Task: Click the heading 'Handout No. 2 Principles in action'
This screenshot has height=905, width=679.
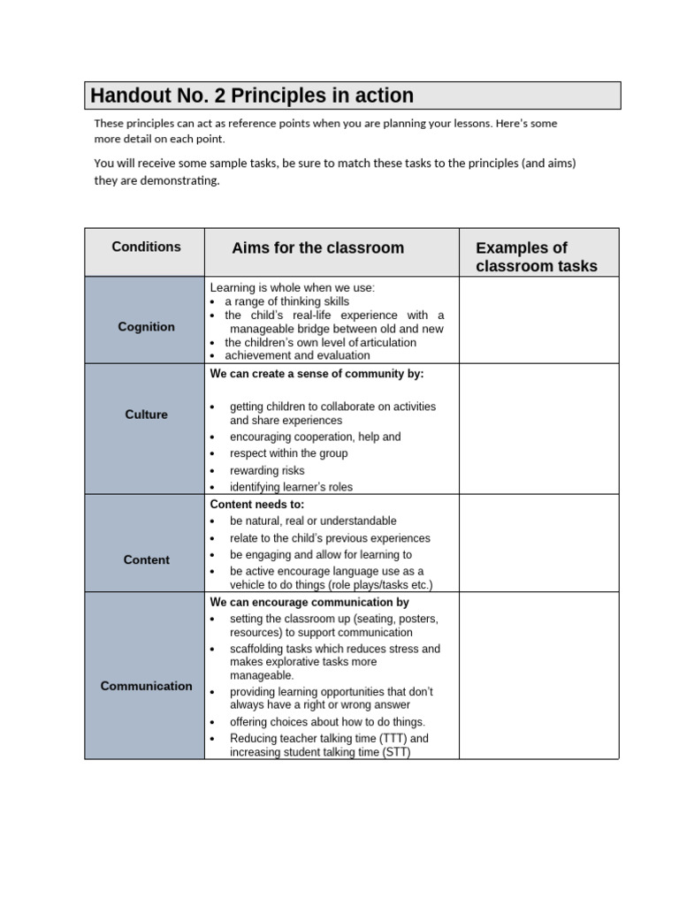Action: pos(252,95)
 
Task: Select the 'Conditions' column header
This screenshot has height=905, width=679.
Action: pos(146,247)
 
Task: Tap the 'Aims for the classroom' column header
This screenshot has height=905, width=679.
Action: pos(317,248)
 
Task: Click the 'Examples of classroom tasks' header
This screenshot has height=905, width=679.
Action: pos(536,257)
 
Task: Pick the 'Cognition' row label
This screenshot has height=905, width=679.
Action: pos(146,327)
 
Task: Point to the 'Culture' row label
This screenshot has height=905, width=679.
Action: pos(146,414)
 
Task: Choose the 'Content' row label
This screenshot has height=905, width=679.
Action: pos(146,560)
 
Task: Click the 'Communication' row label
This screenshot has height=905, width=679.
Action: pos(146,686)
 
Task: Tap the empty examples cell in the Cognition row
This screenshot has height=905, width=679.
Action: pos(538,320)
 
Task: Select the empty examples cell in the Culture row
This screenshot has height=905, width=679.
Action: pos(538,429)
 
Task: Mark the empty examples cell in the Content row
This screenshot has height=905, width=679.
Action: pos(538,543)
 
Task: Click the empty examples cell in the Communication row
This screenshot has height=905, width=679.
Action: pos(538,675)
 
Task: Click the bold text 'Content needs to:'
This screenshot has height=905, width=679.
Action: pos(256,505)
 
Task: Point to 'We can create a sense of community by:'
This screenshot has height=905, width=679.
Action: pos(317,374)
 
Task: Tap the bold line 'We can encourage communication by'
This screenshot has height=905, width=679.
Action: pos(309,603)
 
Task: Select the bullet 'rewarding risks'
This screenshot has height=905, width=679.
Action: pos(267,471)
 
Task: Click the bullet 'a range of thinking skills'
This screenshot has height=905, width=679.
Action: pos(286,301)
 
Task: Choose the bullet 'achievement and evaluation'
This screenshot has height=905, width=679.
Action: pos(297,355)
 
